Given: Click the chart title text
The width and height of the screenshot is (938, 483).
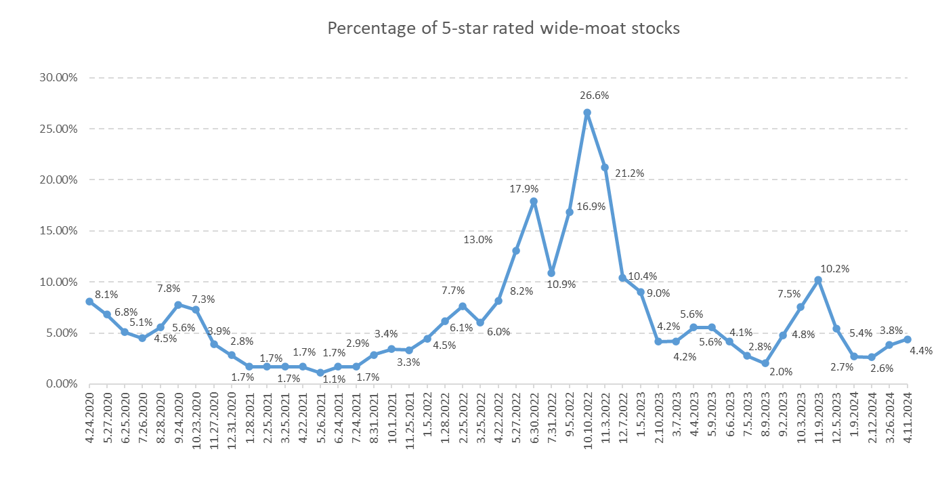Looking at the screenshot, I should point(503,28).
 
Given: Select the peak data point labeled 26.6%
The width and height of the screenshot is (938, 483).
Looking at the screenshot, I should point(587,112).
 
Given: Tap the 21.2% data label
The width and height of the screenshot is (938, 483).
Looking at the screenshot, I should point(630,173).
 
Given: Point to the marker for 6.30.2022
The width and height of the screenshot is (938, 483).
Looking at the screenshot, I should point(534,201).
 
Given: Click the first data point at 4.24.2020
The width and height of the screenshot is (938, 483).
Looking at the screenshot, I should point(89,301).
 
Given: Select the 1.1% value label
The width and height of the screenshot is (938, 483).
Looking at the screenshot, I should point(334,379).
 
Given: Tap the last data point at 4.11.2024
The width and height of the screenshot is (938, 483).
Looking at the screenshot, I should point(907,339).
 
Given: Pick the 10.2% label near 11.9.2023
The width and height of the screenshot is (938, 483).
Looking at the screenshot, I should point(836,268).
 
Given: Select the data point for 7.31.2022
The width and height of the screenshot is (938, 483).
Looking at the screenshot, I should point(551,273).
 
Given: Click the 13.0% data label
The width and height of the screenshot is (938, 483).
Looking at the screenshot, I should point(477,240).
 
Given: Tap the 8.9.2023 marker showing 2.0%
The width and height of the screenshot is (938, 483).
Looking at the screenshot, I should point(765,363).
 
